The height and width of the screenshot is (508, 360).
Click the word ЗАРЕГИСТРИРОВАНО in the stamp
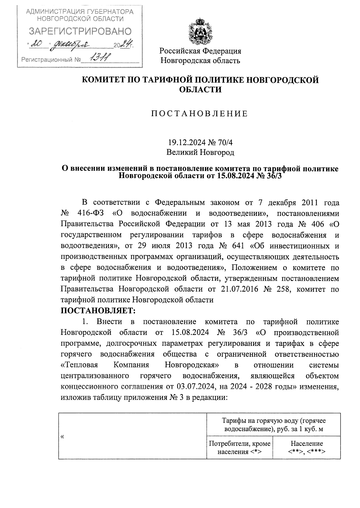[80, 31]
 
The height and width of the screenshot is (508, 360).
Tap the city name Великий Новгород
[200, 153]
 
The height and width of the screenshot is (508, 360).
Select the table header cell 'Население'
[307, 443]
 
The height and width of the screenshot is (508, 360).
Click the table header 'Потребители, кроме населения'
[239, 447]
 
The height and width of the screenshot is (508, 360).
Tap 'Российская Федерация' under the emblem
[200, 51]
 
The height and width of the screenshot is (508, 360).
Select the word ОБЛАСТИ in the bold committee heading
[200, 89]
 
